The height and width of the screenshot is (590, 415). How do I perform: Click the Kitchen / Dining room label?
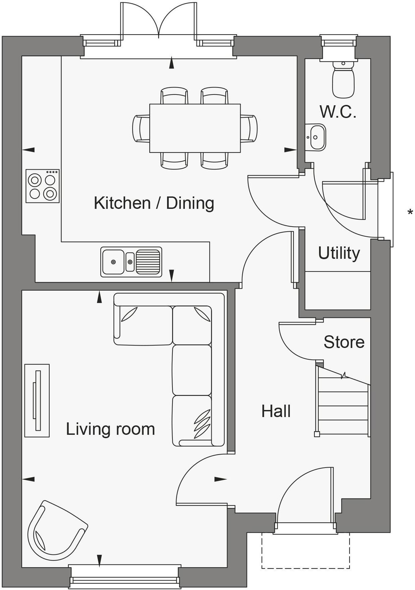pos(154,203)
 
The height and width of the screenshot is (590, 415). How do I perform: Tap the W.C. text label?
pos(338,112)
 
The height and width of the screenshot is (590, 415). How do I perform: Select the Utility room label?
pos(339,253)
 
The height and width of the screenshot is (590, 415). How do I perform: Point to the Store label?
pos(344,342)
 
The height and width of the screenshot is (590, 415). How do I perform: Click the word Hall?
pos(276,411)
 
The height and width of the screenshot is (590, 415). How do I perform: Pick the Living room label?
pos(110,429)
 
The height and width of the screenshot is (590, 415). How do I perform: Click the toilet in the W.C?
pos(343,80)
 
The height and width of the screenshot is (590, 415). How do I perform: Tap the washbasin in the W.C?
pos(316,137)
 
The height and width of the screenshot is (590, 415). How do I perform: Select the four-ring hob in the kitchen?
pos(43,186)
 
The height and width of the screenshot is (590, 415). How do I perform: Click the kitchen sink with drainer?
pos(131,262)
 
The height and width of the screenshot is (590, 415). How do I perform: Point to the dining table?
pos(195,128)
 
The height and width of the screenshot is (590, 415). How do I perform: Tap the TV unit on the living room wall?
pos(37,400)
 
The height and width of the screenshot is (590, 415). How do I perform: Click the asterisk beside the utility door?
pos(410,212)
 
